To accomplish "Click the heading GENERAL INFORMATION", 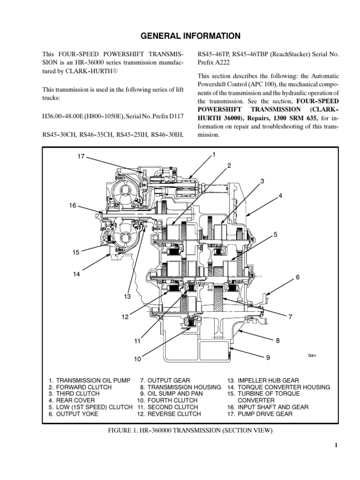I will tap(180, 36).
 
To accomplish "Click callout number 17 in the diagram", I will tap(81, 157).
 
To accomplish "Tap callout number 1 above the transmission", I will tap(213, 155).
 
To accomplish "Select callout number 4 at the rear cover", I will tap(280, 196).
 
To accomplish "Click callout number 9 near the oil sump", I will tap(268, 358).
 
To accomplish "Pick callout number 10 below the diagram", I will tap(137, 360).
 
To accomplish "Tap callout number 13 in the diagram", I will tap(127, 297).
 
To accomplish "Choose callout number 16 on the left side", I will tap(73, 205).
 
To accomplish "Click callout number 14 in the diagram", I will tap(76, 274).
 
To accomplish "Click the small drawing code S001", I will tap(313, 356).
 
